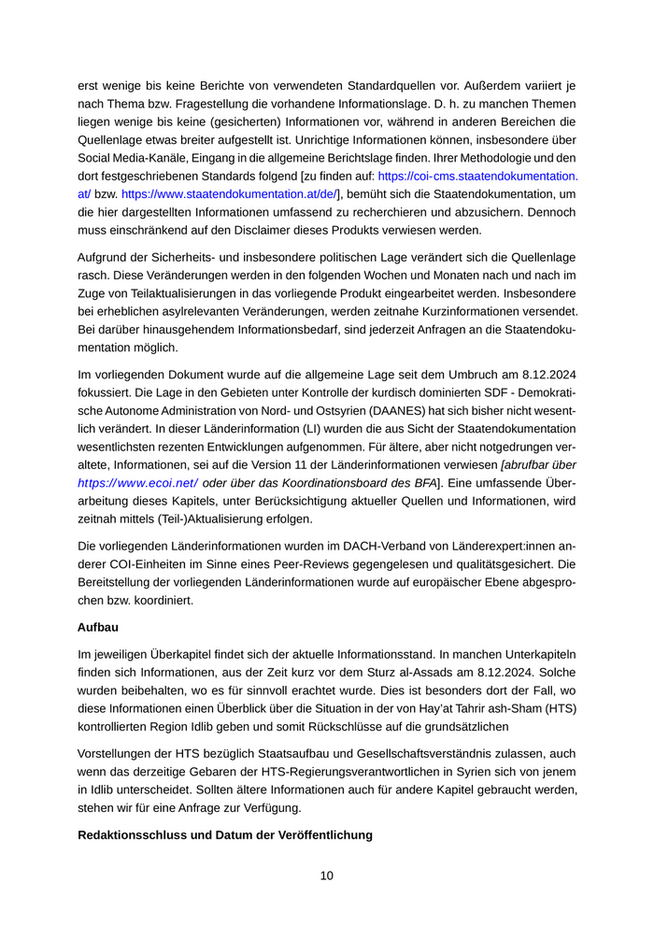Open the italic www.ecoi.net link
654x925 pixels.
pyautogui.click(x=137, y=483)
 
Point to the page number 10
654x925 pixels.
pyautogui.click(x=326, y=876)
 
